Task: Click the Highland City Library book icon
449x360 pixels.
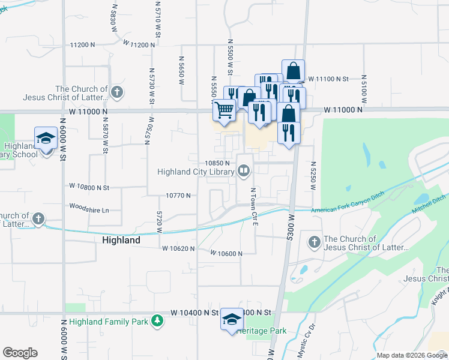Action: pyautogui.click(x=244, y=172)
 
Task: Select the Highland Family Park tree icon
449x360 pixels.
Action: pyautogui.click(x=157, y=321)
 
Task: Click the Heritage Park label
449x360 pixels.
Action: pyautogui.click(x=262, y=331)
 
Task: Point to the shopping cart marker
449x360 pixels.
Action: pyautogui.click(x=224, y=110)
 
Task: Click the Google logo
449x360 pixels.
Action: pyautogui.click(x=20, y=353)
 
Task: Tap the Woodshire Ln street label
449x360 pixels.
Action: pyautogui.click(x=89, y=210)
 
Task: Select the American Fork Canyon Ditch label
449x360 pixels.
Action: pyautogui.click(x=348, y=209)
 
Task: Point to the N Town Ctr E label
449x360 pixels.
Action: pyautogui.click(x=254, y=206)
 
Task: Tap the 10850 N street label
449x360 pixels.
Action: pyautogui.click(x=218, y=163)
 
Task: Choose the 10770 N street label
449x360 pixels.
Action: pyautogui.click(x=178, y=196)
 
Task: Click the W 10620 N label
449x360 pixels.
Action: pyautogui.click(x=178, y=248)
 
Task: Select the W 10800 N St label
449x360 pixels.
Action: pyautogui.click(x=89, y=187)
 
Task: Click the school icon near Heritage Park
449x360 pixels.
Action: pyautogui.click(x=231, y=319)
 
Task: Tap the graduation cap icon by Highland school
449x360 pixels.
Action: pyautogui.click(x=46, y=139)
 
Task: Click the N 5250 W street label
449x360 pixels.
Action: pyautogui.click(x=313, y=176)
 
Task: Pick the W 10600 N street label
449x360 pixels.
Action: pyautogui.click(x=226, y=254)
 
